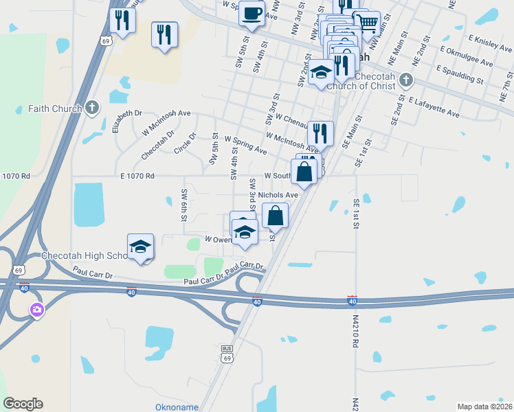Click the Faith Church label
[55, 108]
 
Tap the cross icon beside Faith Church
[93, 108]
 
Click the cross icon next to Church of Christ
[405, 80]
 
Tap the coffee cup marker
[252, 14]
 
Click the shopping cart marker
[367, 23]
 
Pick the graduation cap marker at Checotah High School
[141, 247]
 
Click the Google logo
[23, 404]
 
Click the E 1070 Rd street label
[136, 176]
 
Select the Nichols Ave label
[278, 195]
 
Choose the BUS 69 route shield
[227, 354]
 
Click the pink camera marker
[36, 310]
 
